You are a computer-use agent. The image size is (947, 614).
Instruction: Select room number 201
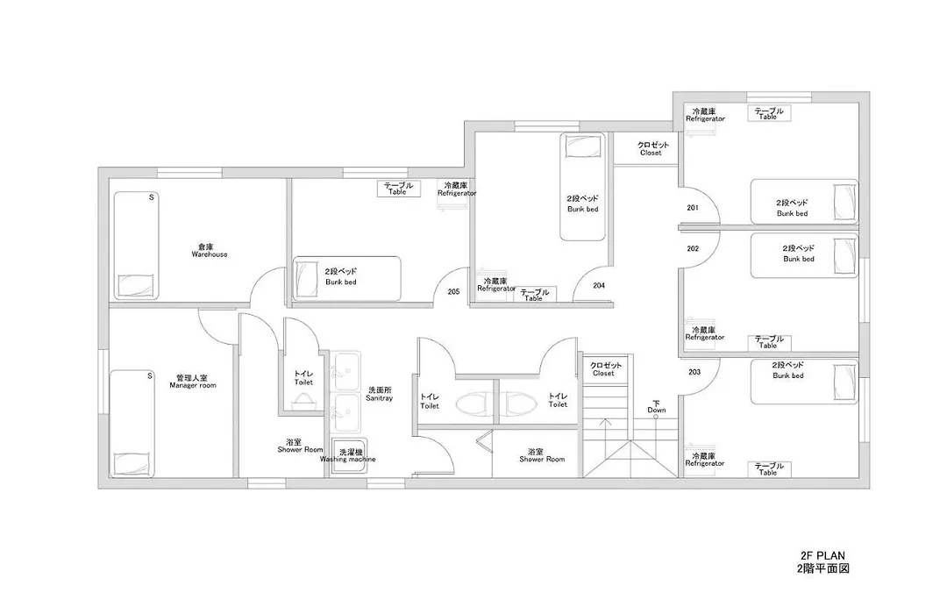click(693, 208)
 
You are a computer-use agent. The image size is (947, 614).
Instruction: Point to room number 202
click(693, 248)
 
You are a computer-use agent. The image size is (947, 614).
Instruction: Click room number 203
click(694, 372)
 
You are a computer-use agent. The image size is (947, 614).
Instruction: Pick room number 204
click(599, 285)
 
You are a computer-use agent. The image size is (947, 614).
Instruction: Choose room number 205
click(453, 291)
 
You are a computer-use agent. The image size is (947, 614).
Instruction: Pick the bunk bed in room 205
click(347, 278)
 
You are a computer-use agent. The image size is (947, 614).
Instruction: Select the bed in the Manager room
click(132, 424)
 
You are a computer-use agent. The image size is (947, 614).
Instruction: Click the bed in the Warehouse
click(137, 246)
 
